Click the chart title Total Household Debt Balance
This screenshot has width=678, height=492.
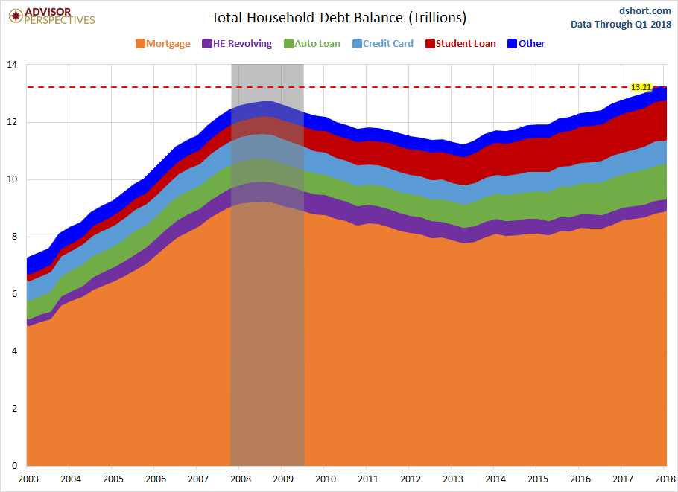coord(338,18)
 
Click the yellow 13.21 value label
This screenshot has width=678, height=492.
coord(641,87)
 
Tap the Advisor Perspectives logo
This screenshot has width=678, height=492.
coord(51,16)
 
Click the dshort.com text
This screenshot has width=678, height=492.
coord(645,10)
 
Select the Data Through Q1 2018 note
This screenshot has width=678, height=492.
coord(621,24)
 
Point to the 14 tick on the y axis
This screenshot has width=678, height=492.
coord(11,65)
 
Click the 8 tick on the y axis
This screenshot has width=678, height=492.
coord(13,237)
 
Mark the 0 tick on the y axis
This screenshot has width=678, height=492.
coord(13,467)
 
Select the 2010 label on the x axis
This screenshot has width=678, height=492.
coord(325,479)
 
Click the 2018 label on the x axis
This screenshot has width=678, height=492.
coord(665,479)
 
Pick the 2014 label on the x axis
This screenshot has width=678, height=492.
coord(495,479)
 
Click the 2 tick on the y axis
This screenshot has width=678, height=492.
coord(13,409)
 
